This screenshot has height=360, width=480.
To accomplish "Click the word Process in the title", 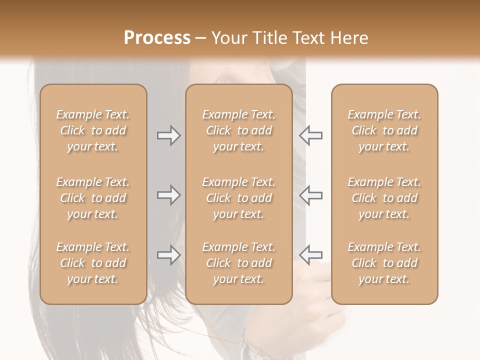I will point(157,38).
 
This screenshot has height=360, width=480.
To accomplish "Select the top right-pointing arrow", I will point(168,135).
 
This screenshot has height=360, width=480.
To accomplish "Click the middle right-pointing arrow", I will point(168,195).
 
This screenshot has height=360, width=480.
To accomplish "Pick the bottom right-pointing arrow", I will point(168,255).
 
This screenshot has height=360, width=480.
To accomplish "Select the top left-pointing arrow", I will point(311,135).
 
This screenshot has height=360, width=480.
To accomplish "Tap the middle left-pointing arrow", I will point(311,195).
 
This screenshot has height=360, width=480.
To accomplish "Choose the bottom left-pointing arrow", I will point(311,255).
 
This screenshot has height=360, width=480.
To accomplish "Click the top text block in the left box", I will point(93,130).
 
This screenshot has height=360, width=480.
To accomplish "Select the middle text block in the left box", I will point(93,198).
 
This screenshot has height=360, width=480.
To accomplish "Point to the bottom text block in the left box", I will point(93,263).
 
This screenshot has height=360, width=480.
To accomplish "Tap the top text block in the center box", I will point(238,130).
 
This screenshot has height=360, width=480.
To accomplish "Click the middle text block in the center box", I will point(238,198).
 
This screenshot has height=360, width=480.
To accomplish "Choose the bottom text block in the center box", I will point(238,263).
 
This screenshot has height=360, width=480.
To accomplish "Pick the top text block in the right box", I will point(384,130).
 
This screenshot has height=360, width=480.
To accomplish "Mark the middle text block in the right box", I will point(384,198).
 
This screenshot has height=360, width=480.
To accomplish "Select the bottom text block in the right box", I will point(384,263).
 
